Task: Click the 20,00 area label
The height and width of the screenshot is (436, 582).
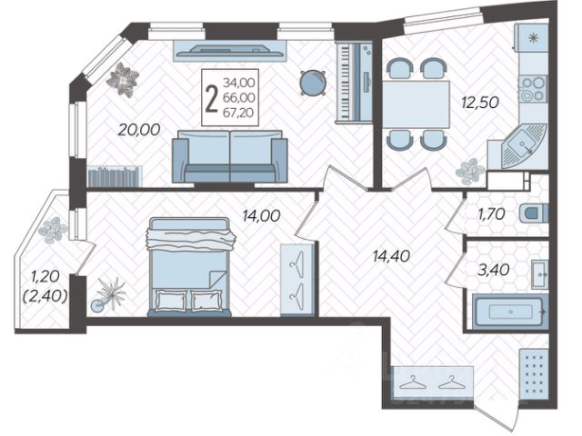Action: tap(138, 130)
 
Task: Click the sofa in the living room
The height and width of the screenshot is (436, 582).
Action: tap(230, 156)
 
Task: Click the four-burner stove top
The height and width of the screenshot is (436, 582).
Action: tap(531, 88)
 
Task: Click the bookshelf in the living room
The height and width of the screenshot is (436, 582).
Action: tap(115, 175)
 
